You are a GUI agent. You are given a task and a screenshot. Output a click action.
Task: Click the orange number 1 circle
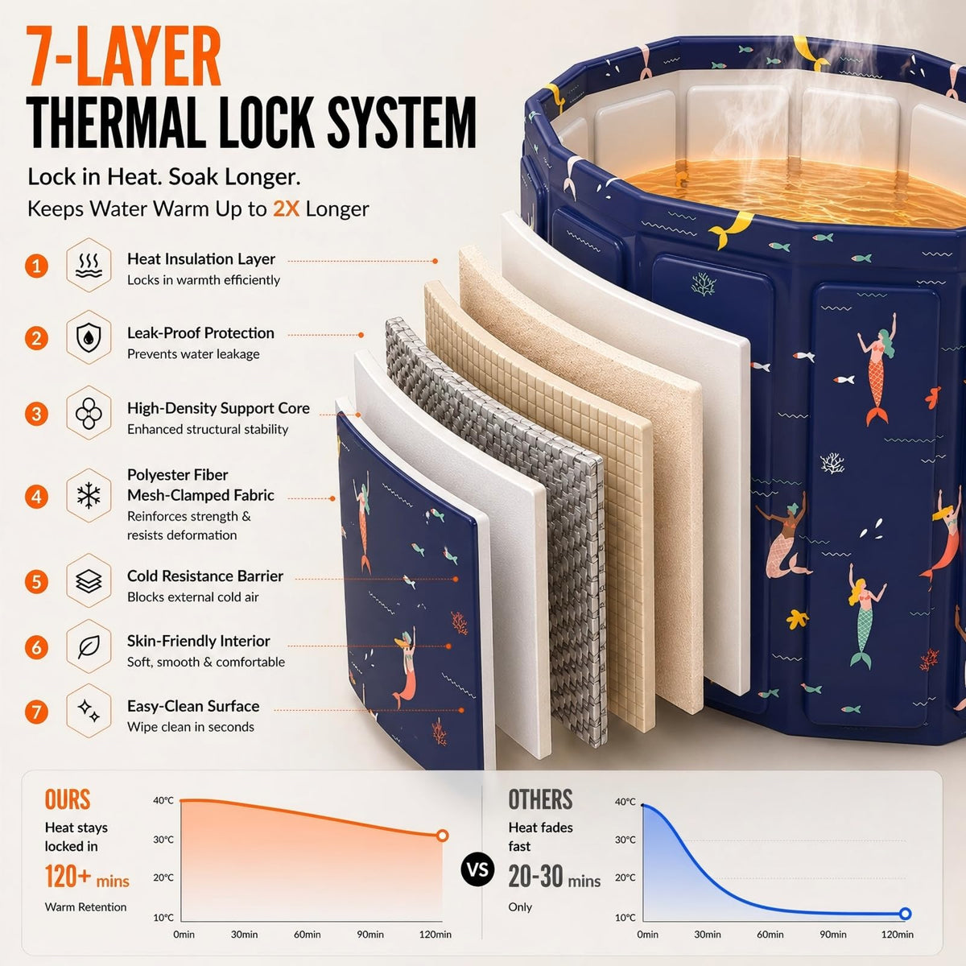36,266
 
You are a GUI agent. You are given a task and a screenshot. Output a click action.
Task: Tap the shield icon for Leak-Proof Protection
89,336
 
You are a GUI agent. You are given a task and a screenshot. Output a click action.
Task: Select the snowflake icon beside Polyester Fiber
89,496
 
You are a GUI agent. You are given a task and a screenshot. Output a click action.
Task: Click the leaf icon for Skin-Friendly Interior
89,646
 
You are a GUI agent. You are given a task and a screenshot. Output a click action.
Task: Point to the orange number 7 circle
36,712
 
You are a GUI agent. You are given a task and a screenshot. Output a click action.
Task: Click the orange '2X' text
286,209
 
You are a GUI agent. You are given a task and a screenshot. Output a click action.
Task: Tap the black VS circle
477,869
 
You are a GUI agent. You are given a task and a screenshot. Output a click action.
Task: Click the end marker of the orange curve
442,836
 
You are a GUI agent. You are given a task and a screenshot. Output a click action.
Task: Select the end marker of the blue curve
905,914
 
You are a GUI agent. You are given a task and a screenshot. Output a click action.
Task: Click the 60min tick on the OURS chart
307,935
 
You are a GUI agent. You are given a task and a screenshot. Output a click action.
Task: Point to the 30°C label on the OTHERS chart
625,840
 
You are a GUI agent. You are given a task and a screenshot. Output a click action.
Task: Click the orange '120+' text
68,877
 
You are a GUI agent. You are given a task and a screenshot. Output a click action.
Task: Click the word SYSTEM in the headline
401,123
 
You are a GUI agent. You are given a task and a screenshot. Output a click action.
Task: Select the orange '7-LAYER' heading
123,56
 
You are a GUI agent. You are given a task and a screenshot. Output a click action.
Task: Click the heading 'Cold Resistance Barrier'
205,576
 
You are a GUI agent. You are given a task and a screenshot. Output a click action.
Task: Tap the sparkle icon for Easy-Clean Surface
89,711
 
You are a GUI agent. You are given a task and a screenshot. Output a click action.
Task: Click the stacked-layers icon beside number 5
89,581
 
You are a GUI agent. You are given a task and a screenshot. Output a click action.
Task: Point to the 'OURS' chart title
68,799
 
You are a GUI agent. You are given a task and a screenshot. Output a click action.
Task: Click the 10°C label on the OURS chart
163,918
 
